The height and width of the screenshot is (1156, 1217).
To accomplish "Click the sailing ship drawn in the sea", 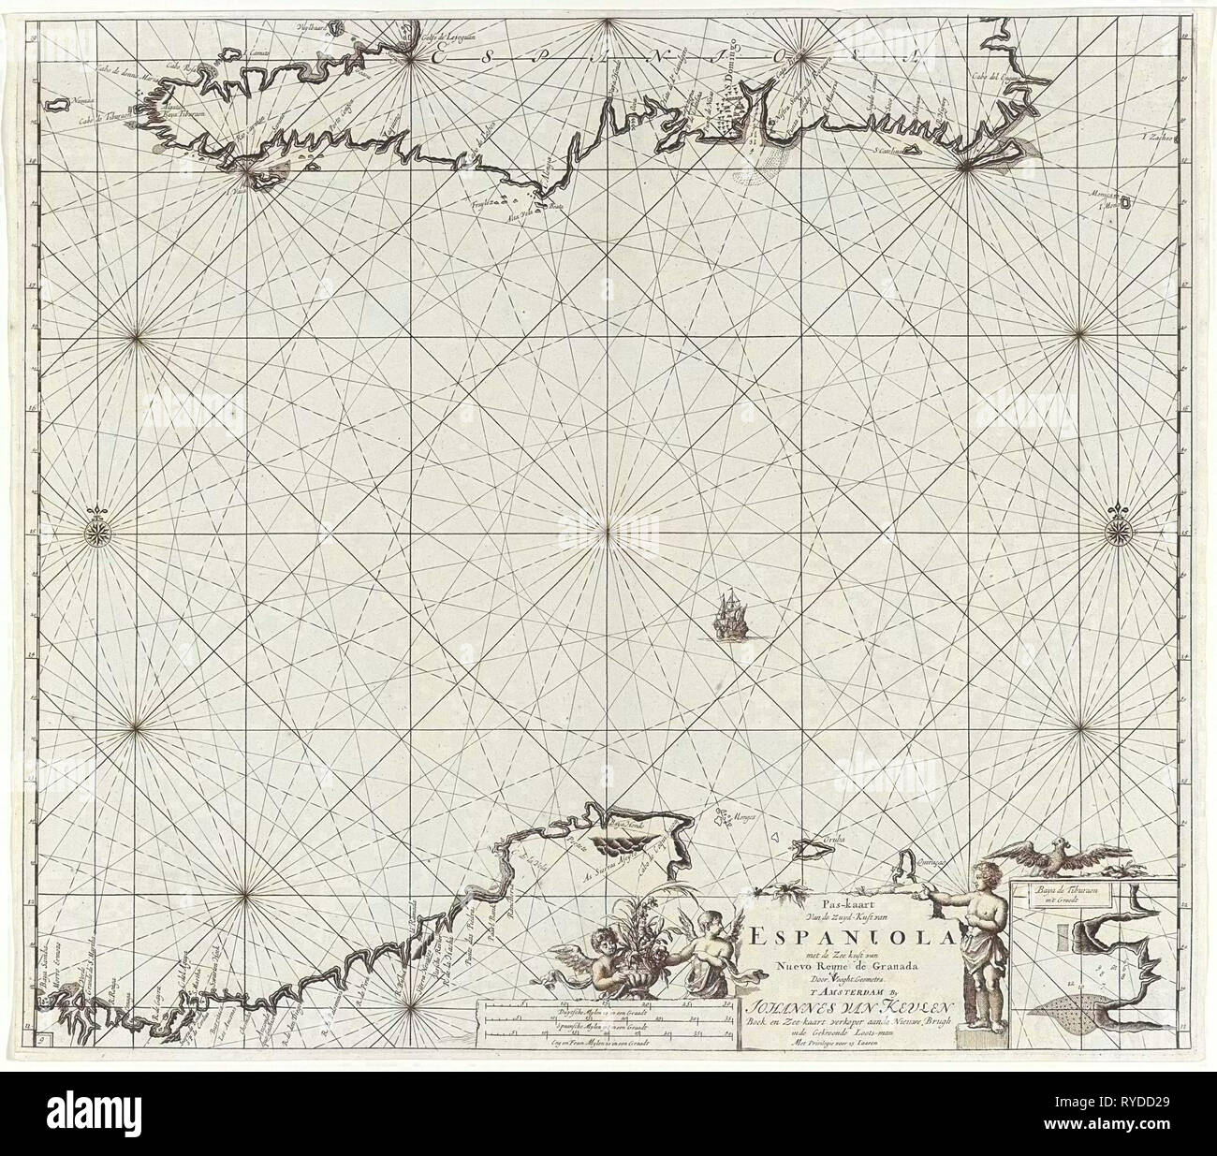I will point(727,613).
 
